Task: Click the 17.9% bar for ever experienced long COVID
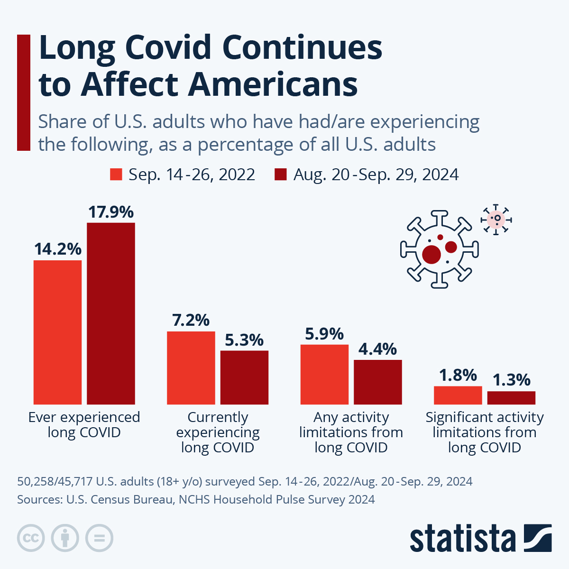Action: (x=111, y=313)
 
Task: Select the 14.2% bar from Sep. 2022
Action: (x=57, y=332)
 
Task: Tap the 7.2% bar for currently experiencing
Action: (x=191, y=367)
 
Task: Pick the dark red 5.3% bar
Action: (x=244, y=377)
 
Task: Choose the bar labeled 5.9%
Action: (x=324, y=374)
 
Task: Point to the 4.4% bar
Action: (x=378, y=382)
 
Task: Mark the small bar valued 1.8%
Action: (x=458, y=395)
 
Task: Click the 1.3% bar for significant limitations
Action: (x=511, y=398)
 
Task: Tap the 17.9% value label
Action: (x=111, y=212)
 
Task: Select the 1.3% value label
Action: (x=511, y=380)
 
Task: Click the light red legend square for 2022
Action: (x=116, y=174)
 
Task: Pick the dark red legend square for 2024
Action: (x=281, y=174)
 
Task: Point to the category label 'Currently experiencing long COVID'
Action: (x=218, y=432)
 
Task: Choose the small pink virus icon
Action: (x=496, y=219)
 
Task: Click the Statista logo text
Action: (x=463, y=539)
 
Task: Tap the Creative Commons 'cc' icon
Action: (x=31, y=538)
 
